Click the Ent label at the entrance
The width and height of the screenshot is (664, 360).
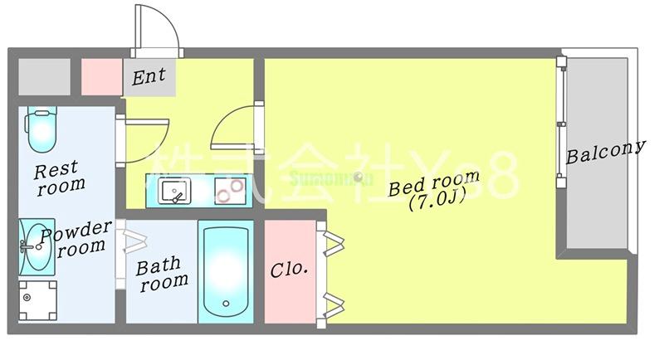click(149, 77)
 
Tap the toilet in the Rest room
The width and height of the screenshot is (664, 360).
click(40, 129)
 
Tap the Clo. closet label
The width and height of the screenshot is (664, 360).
click(290, 270)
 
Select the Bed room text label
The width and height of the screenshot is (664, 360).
click(434, 183)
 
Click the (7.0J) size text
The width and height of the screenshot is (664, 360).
click(437, 202)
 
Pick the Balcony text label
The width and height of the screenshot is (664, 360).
click(605, 152)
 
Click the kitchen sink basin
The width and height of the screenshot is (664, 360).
click(174, 192)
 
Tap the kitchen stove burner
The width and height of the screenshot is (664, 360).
click(226, 194)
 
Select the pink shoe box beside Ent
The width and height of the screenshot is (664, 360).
click(101, 76)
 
